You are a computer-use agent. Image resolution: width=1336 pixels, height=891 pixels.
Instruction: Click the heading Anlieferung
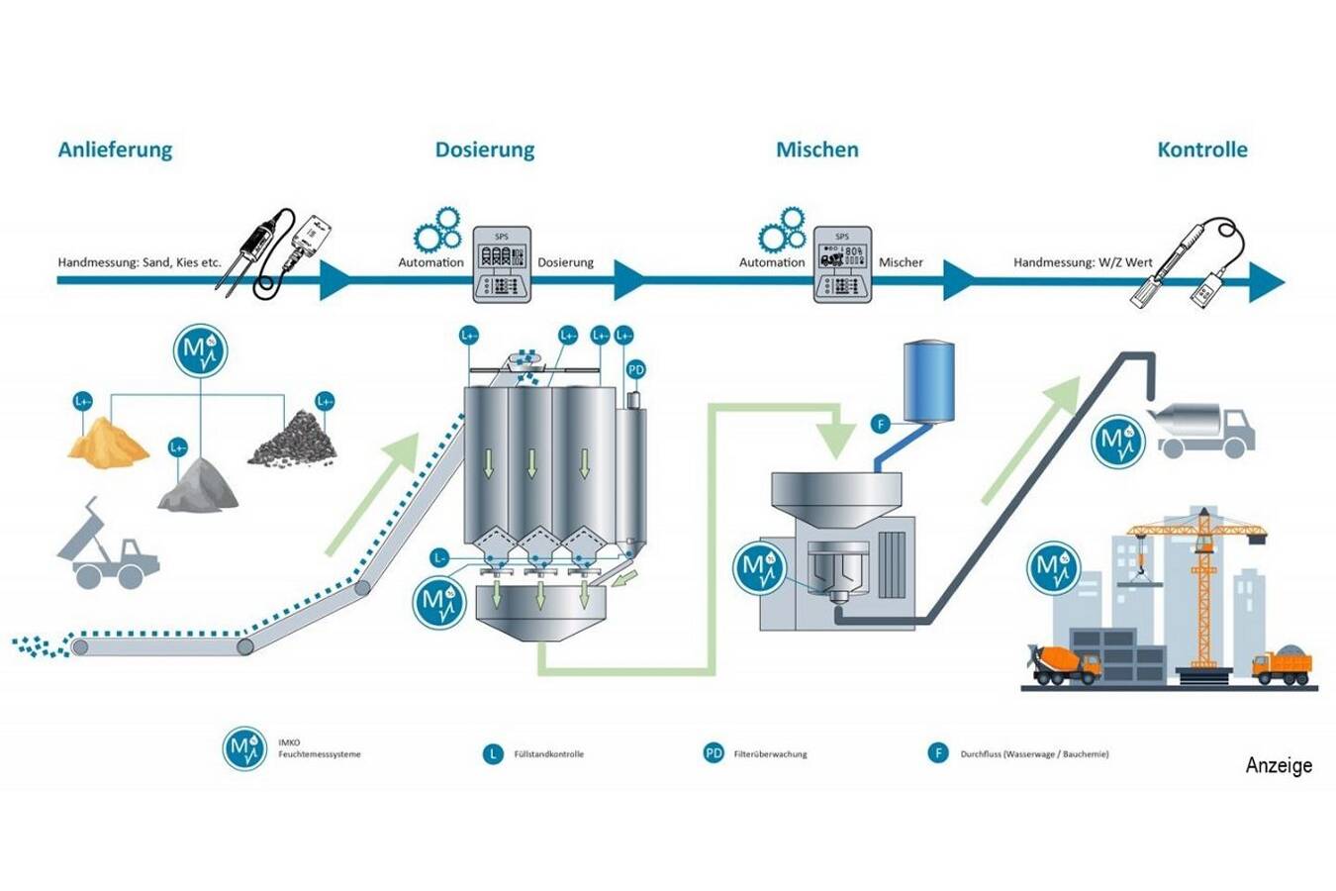(x=115, y=149)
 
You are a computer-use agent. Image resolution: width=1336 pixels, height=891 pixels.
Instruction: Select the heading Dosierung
(x=485, y=149)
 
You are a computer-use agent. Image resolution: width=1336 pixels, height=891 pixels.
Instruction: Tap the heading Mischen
(x=816, y=149)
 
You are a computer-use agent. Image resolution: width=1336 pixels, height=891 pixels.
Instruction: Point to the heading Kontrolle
(x=1201, y=149)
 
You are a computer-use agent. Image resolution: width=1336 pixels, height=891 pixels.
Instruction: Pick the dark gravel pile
(x=293, y=440)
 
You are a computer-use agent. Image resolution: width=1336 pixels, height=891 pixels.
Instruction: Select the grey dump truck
(x=108, y=548)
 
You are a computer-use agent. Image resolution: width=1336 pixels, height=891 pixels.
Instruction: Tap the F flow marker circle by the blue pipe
(x=880, y=425)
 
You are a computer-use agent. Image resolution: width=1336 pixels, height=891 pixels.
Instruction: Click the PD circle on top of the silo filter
(x=635, y=370)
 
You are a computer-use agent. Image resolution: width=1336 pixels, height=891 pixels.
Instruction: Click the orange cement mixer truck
(x=1066, y=664)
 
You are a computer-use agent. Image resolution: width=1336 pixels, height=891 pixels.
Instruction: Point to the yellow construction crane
(x=1200, y=574)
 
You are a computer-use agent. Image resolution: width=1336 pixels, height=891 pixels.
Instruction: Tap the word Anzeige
(x=1279, y=765)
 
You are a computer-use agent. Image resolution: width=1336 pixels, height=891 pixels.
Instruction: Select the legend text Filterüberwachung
(x=770, y=754)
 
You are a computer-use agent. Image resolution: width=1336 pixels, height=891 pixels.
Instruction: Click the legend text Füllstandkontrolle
(x=548, y=754)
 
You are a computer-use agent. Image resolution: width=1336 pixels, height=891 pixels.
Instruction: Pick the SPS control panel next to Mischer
(x=842, y=264)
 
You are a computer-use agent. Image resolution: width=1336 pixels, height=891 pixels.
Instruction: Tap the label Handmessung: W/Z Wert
(x=1083, y=262)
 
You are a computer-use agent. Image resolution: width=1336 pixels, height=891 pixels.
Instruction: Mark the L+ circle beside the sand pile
(x=83, y=402)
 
